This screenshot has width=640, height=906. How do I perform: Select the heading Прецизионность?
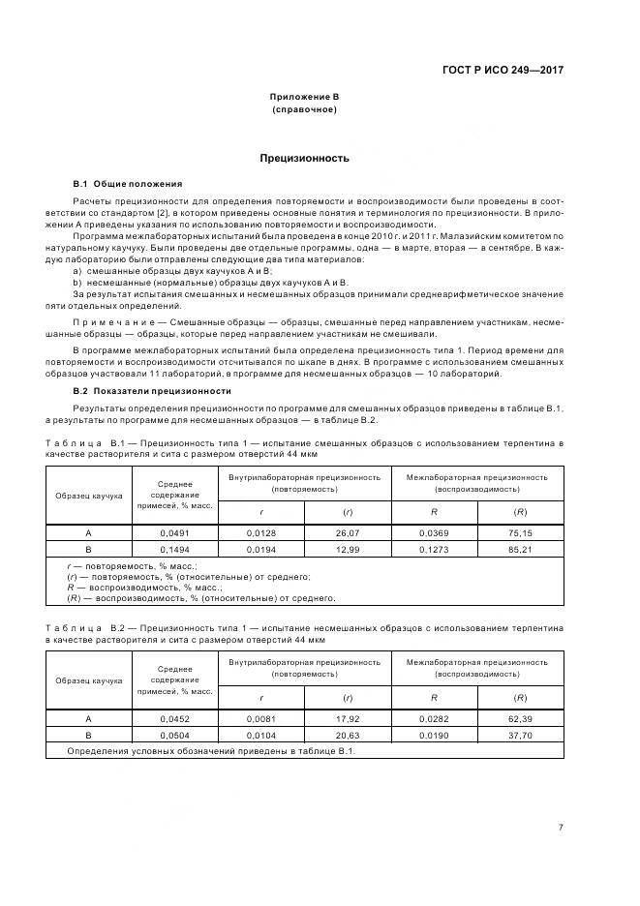tap(304, 158)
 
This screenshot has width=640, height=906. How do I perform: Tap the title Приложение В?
tap(304, 97)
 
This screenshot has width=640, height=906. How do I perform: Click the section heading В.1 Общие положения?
tap(127, 183)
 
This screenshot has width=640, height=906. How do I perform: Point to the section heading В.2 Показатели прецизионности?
tap(152, 390)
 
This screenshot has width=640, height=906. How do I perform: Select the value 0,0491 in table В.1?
tap(176, 532)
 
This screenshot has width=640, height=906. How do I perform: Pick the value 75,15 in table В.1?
tap(520, 532)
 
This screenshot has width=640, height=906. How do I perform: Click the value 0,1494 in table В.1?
tap(176, 547)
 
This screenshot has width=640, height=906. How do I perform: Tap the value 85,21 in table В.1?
tap(520, 547)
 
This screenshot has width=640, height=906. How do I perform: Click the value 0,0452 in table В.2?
tap(176, 719)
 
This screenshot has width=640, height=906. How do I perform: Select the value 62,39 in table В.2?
tap(520, 719)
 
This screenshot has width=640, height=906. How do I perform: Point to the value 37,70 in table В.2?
tap(520, 735)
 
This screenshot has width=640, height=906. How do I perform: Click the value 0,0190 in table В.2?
tap(434, 735)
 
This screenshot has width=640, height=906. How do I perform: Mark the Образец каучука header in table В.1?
tap(89, 495)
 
